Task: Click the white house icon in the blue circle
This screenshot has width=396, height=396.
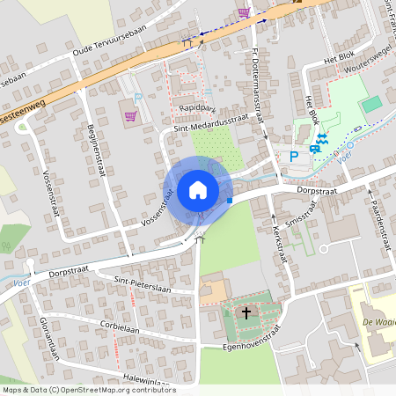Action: coord(198,189)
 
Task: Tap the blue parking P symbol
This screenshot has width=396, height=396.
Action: coord(294,157)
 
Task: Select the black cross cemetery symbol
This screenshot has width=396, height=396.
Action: coord(246,312)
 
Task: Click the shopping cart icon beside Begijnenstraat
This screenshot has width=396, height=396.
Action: coord(131,115)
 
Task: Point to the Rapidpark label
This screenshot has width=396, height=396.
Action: coord(196,107)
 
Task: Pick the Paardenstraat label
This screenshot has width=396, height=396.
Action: coord(378,207)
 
